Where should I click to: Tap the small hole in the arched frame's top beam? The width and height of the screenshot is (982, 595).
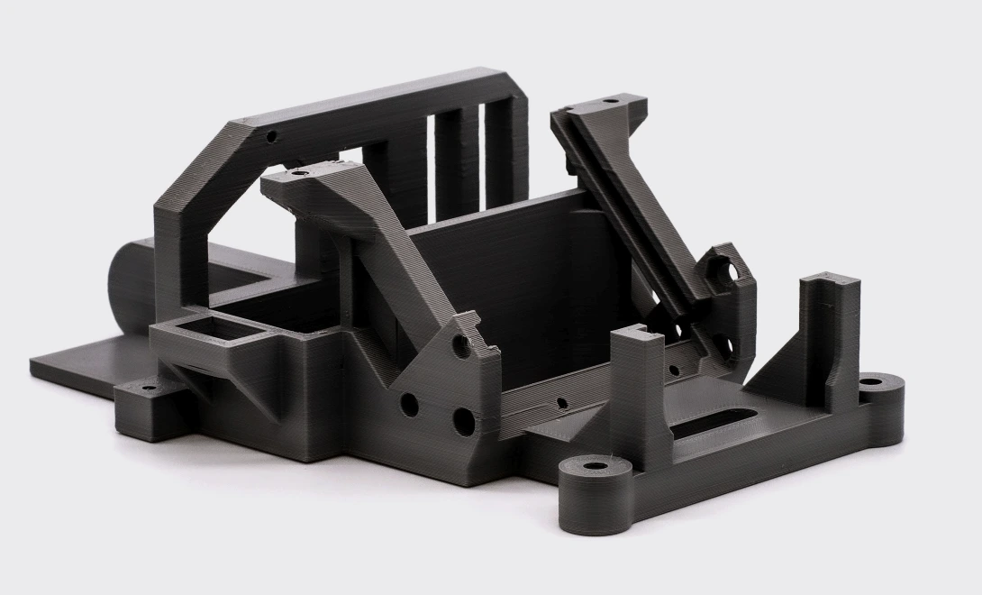click(x=271, y=137)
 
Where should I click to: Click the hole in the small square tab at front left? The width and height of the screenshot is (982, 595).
click(x=149, y=389)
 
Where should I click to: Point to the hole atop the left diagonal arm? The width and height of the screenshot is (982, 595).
click(x=300, y=171)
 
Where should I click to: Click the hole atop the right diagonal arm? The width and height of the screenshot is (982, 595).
click(x=610, y=100)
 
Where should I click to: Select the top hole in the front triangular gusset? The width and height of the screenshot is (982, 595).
click(x=461, y=343)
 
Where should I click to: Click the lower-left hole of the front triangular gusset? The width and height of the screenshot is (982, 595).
click(x=409, y=404)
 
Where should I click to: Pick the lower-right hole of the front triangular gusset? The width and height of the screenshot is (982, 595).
click(x=463, y=421)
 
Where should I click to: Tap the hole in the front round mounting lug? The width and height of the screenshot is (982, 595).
click(x=596, y=467)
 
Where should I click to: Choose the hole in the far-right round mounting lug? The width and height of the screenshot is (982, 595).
click(x=871, y=381)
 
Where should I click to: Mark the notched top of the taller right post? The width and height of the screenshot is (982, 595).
click(x=830, y=280)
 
